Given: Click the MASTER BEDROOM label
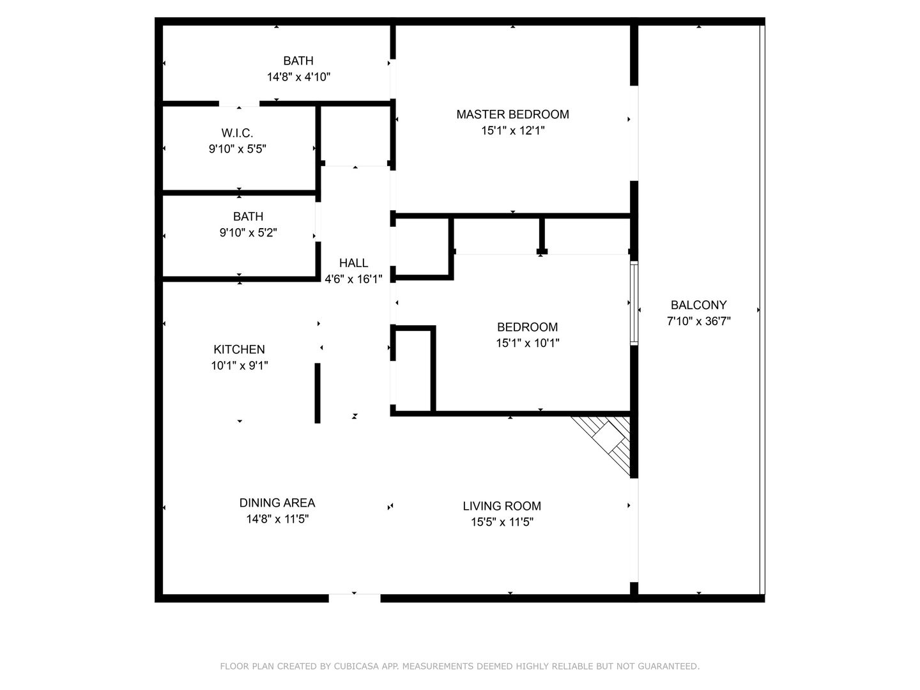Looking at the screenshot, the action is [512, 114].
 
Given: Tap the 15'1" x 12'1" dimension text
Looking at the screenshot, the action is [512, 131].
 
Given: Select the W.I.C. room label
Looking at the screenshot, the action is [237, 134].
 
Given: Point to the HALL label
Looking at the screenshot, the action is [353, 263].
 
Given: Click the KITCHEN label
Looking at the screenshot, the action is [239, 349].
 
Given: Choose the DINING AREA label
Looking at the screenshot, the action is [277, 503].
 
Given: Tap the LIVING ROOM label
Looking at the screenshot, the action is [502, 506].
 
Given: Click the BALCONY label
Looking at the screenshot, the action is [698, 305].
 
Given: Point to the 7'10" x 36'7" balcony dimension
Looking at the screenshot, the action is [698, 321].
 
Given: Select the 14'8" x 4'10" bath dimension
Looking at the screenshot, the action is [298, 77].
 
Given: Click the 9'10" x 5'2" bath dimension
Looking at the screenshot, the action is [248, 233].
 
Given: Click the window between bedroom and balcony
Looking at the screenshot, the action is [634, 303].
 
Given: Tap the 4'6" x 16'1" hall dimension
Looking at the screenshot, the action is [353, 279].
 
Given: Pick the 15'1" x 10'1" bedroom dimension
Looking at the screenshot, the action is [527, 344].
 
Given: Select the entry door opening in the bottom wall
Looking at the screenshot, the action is [354, 598].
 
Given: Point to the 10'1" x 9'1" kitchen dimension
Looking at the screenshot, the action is [239, 365].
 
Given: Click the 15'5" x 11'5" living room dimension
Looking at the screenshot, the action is [502, 523].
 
